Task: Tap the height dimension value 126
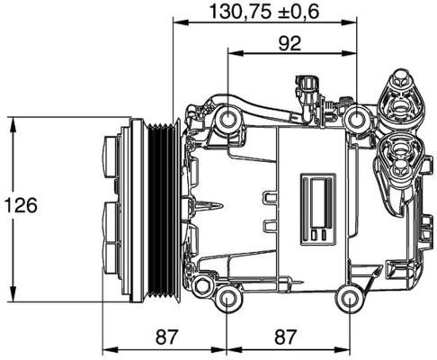(20, 207)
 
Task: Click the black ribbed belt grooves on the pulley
(163, 210)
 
